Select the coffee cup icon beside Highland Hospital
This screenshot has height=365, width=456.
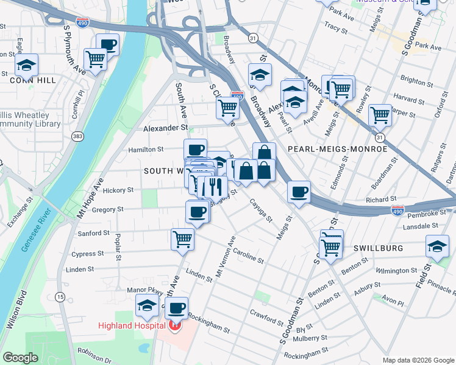177,308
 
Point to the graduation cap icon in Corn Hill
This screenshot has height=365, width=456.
26,64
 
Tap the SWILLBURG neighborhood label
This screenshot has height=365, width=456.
378,249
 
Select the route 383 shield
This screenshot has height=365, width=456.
77,136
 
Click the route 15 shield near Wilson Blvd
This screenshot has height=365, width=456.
60,297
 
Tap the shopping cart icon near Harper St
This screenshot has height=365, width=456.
380,114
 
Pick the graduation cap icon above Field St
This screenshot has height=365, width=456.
437,246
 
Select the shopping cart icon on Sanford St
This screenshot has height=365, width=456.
182,239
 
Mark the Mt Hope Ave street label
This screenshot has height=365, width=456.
90,198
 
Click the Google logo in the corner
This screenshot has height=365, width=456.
21,358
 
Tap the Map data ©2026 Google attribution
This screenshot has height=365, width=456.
418,360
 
